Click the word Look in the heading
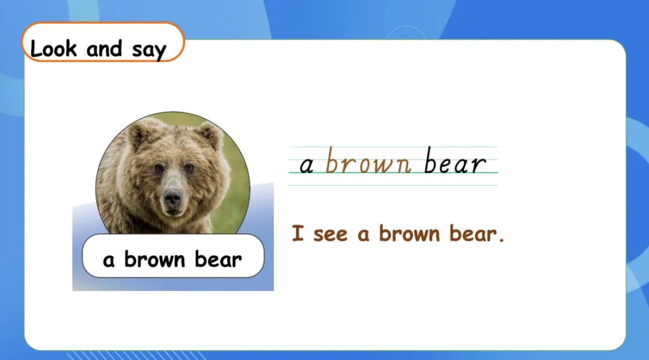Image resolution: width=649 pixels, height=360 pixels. click(54, 49)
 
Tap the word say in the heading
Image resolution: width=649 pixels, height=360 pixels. click(149, 50)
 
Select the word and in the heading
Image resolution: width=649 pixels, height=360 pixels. click(105, 49)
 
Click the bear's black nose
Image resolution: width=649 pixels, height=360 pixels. click(172, 199)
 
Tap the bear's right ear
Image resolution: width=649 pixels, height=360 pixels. click(210, 135)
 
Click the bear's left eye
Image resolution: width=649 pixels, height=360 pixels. click(159, 168)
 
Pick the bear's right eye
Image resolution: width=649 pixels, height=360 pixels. click(189, 168)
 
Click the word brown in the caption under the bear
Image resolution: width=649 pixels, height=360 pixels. click(154, 260)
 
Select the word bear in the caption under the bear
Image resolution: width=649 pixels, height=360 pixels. click(218, 260)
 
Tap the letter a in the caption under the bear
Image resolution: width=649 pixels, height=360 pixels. click(108, 261)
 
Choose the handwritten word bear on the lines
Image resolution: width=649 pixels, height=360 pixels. click(454, 160)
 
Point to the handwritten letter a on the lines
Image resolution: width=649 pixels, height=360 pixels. click(306, 165)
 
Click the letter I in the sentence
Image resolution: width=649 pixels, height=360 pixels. click(297, 233)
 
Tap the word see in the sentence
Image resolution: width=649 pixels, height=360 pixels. click(331, 235)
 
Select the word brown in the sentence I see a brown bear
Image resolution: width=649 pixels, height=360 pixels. click(409, 233)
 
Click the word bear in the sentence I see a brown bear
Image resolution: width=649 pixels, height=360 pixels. click(473, 233)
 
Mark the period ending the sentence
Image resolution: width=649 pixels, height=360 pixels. click(501, 239)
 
